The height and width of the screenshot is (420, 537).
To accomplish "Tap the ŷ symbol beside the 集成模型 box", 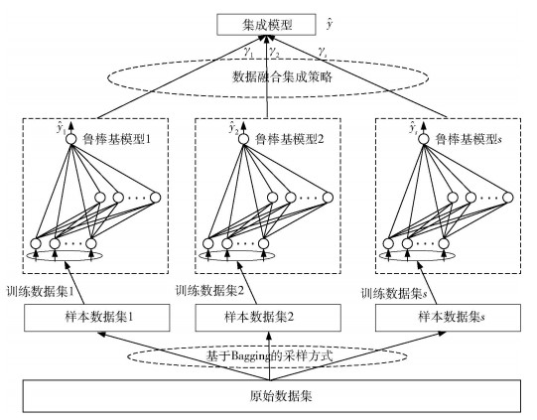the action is point(330,24).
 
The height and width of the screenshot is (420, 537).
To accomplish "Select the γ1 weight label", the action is point(248,52).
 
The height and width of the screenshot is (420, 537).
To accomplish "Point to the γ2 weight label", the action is point(274,52).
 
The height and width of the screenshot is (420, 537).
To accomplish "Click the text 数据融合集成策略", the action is point(282,76).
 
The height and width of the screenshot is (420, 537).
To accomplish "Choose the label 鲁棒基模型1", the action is point(116,139).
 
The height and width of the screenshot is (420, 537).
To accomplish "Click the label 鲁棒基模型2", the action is point(289,139).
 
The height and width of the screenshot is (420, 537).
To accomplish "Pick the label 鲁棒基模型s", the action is point(469,139).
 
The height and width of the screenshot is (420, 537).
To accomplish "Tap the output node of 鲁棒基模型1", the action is point(71,139).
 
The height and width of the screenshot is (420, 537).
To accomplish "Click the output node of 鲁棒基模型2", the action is point(243,139).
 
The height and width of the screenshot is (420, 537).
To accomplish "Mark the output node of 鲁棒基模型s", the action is point(424,139).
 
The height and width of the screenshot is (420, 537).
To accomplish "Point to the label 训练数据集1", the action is point(41,292).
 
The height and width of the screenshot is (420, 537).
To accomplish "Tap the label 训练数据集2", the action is point(210,291).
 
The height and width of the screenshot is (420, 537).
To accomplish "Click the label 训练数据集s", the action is point(394,294).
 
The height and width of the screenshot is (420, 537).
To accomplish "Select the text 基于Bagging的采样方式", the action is point(269,355).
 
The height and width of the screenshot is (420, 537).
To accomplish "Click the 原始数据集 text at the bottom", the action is point(281,396).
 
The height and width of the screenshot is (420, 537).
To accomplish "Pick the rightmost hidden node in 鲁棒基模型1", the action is point(156,198).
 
